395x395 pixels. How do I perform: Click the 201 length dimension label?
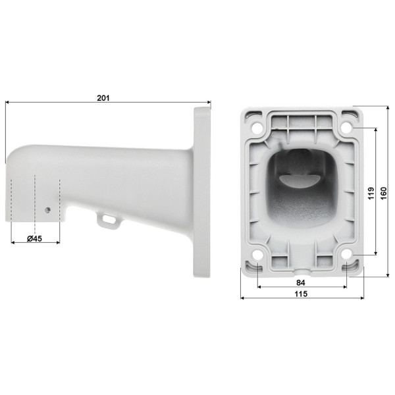[103, 97]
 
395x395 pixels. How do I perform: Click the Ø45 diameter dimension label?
[35, 239]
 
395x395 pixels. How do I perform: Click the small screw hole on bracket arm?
[47, 209]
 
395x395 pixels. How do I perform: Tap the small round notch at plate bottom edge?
[302, 270]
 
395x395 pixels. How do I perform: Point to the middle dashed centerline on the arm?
[34, 197]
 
